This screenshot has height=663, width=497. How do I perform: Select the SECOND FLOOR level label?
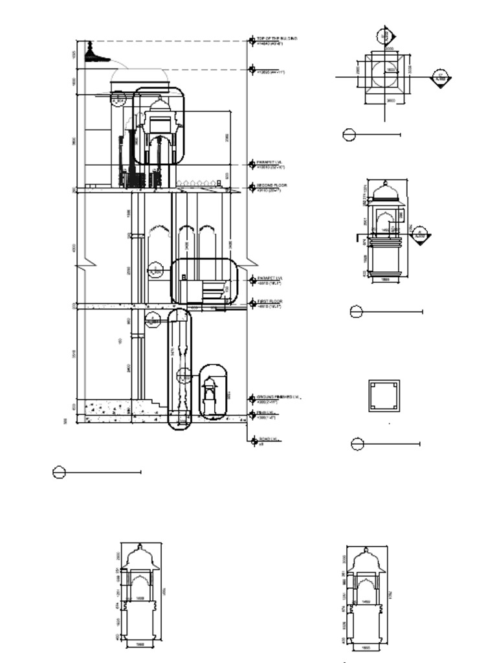pos(272,186)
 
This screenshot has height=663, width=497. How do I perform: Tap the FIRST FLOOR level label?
pos(270,302)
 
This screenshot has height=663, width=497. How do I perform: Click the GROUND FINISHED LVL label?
pos(278,397)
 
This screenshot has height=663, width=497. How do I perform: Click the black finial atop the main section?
pos(90,52)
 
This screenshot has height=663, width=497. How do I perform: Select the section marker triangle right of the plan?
pos(441,80)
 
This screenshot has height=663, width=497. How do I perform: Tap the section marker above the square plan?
pos(384,36)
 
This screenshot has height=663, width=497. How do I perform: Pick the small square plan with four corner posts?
pos(384,396)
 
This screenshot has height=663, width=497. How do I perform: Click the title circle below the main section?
pos(59,473)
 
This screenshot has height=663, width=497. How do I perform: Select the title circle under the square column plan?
pos(357,444)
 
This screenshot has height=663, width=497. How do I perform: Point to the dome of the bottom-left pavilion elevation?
pos(140,557)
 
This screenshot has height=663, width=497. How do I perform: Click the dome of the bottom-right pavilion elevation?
pos(366,561)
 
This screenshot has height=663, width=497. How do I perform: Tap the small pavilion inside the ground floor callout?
pos(210,391)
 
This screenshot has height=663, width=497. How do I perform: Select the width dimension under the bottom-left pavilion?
pos(140,644)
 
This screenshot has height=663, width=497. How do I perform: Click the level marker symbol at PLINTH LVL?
pos(252,414)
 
